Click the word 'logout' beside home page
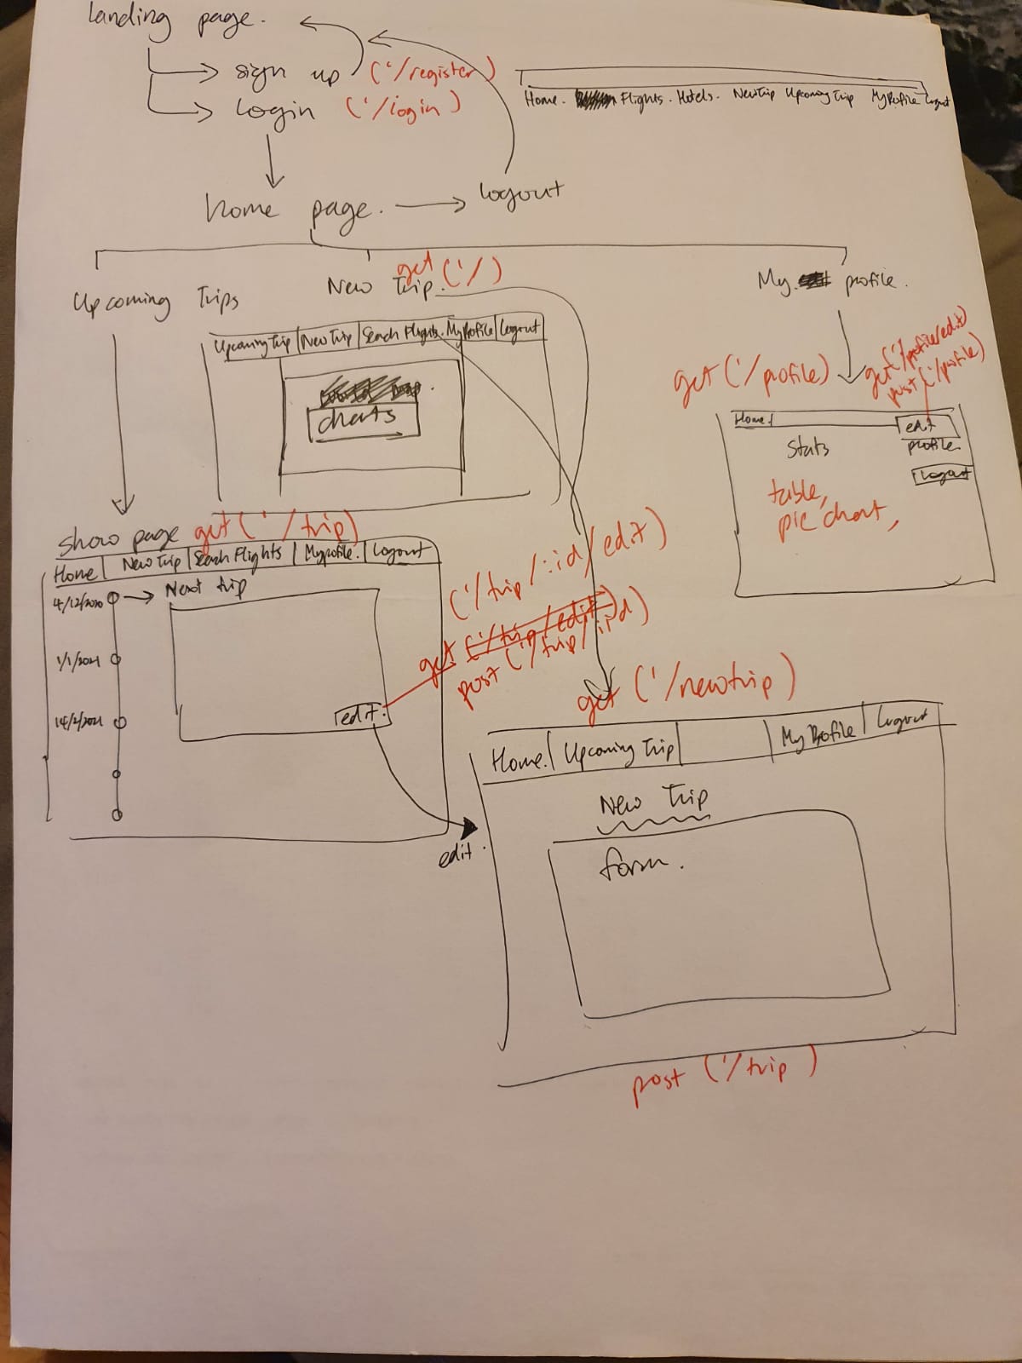pyautogui.click(x=520, y=192)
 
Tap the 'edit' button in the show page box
pyautogui.click(x=360, y=718)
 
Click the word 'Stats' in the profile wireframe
pyautogui.click(x=807, y=448)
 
